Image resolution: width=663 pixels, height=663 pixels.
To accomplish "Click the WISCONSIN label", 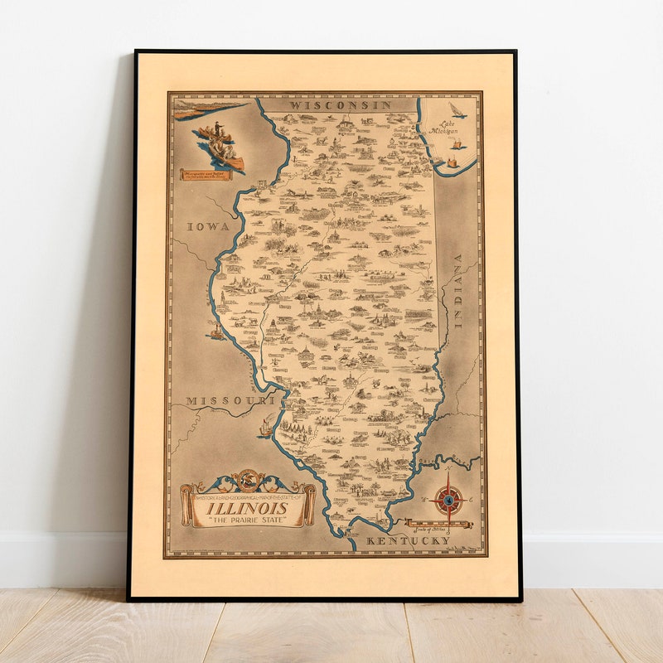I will click(329, 106).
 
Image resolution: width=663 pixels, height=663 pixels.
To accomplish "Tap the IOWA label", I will click(207, 226).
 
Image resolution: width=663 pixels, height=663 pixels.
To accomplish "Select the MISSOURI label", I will click(230, 401).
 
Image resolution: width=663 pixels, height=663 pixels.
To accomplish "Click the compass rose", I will click(448, 499).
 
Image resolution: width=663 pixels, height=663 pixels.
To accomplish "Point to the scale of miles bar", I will click(438, 524).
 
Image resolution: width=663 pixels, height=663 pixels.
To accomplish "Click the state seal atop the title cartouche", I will click(248, 479).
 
